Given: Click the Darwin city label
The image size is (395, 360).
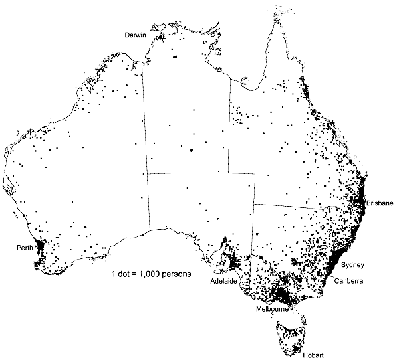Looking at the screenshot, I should click(135, 35).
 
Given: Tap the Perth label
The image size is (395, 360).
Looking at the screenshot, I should click(25, 248).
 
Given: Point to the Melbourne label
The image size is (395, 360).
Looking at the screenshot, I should click(273, 310).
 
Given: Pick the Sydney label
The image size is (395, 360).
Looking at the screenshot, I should click(352, 265).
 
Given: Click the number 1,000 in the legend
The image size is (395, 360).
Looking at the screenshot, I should click(156, 273).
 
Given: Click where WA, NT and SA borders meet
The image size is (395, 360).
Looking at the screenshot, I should click(148, 173).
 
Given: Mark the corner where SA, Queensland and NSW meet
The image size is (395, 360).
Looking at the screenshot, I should click(255, 204).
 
